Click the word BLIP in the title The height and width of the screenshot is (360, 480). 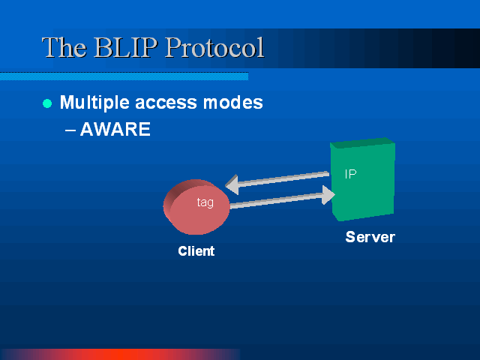click(x=126, y=47)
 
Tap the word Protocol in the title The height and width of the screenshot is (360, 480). click(x=214, y=47)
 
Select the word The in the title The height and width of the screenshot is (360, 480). click(x=64, y=47)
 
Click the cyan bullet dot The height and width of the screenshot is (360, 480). click(x=47, y=103)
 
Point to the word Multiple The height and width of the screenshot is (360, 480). click(x=94, y=103)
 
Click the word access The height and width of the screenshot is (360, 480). click(x=166, y=103)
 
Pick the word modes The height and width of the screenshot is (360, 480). click(x=233, y=103)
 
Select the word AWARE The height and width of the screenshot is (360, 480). click(x=115, y=129)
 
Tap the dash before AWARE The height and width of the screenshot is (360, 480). click(x=70, y=130)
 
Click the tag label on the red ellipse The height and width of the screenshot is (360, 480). click(x=205, y=202)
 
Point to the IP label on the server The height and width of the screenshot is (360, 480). click(x=350, y=174)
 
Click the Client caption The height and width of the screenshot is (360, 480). click(x=196, y=251)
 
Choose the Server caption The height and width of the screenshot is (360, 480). click(x=370, y=237)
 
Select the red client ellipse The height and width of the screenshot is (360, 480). click(x=196, y=207)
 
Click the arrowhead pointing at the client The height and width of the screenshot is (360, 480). click(x=232, y=184)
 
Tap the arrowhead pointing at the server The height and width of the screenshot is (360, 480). click(x=328, y=195)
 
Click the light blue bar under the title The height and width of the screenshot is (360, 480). click(x=124, y=76)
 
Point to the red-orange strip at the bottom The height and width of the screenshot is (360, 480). click(x=120, y=354)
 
